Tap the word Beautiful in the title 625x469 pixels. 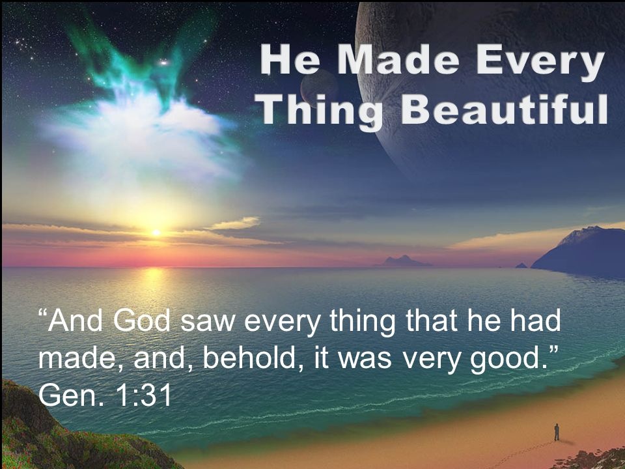[x=504, y=109]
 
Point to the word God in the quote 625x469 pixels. [x=142, y=320]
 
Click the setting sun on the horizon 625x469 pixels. [x=156, y=232]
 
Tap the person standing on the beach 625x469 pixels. [x=557, y=432]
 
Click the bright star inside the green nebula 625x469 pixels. [x=163, y=63]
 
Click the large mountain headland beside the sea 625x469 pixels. [x=582, y=251]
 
